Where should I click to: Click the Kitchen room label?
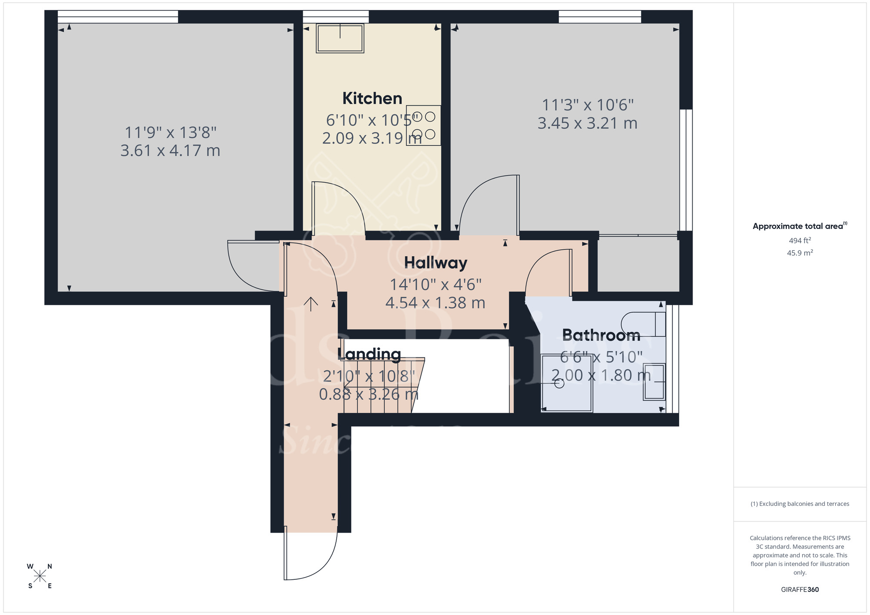tap(372, 99)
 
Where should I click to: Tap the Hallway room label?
tap(435, 263)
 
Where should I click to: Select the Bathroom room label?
tap(601, 335)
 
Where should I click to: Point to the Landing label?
tap(369, 354)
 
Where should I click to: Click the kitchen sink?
tap(340, 38)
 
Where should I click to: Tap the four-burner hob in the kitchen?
tap(423, 125)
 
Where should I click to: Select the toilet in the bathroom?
tap(643, 324)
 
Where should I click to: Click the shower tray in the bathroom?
tap(566, 383)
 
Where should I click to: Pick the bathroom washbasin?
tap(654, 381)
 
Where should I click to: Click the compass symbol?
tap(40, 576)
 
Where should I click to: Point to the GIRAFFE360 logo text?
tap(800, 590)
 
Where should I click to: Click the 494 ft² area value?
tap(800, 241)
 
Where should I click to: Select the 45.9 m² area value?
tap(800, 253)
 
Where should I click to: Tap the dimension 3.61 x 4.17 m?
tap(170, 150)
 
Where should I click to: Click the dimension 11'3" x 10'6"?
tap(588, 105)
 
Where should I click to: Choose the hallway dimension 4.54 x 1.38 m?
tap(435, 303)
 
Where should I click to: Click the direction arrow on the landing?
tap(311, 304)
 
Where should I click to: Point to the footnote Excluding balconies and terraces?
tap(800, 504)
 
